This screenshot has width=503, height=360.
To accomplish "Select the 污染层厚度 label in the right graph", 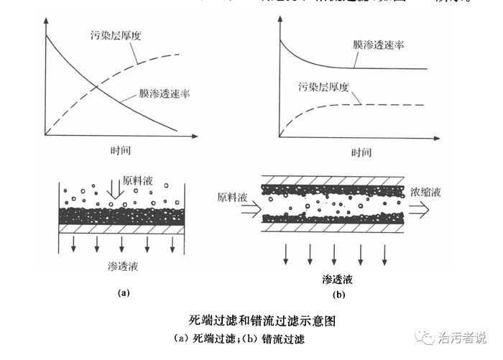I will pyautogui.click(x=323, y=87).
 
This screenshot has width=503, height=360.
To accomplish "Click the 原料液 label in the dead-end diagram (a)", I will pyautogui.click(x=137, y=182).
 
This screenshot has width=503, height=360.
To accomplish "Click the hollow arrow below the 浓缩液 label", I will pyautogui.click(x=419, y=209).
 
